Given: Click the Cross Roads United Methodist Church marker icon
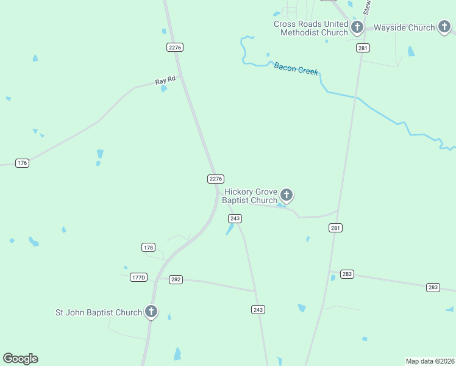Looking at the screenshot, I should (x=357, y=27).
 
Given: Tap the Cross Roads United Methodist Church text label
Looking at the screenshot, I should (x=311, y=28).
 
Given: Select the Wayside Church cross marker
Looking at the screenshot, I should (x=444, y=27).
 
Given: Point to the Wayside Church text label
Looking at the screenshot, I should (x=404, y=27).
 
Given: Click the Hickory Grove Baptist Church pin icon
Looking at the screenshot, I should (x=286, y=195).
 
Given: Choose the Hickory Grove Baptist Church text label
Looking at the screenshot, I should (x=250, y=196).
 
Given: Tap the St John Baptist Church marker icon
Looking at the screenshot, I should (x=151, y=312).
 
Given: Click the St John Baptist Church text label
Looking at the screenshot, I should (x=99, y=312).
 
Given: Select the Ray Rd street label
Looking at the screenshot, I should (x=165, y=80).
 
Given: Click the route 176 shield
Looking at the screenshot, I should (x=23, y=163).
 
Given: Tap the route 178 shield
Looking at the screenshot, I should (x=148, y=247).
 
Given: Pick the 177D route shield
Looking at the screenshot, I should (x=139, y=277).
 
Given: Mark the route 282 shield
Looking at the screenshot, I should (x=176, y=279).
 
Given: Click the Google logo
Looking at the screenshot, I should (x=20, y=359).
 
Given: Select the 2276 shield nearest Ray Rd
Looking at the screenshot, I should (x=175, y=47).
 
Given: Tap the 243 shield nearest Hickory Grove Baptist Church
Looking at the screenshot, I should (x=235, y=218).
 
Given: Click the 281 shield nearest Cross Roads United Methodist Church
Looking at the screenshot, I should (x=363, y=48).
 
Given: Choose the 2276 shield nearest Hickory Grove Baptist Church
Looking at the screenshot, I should (x=216, y=179).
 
